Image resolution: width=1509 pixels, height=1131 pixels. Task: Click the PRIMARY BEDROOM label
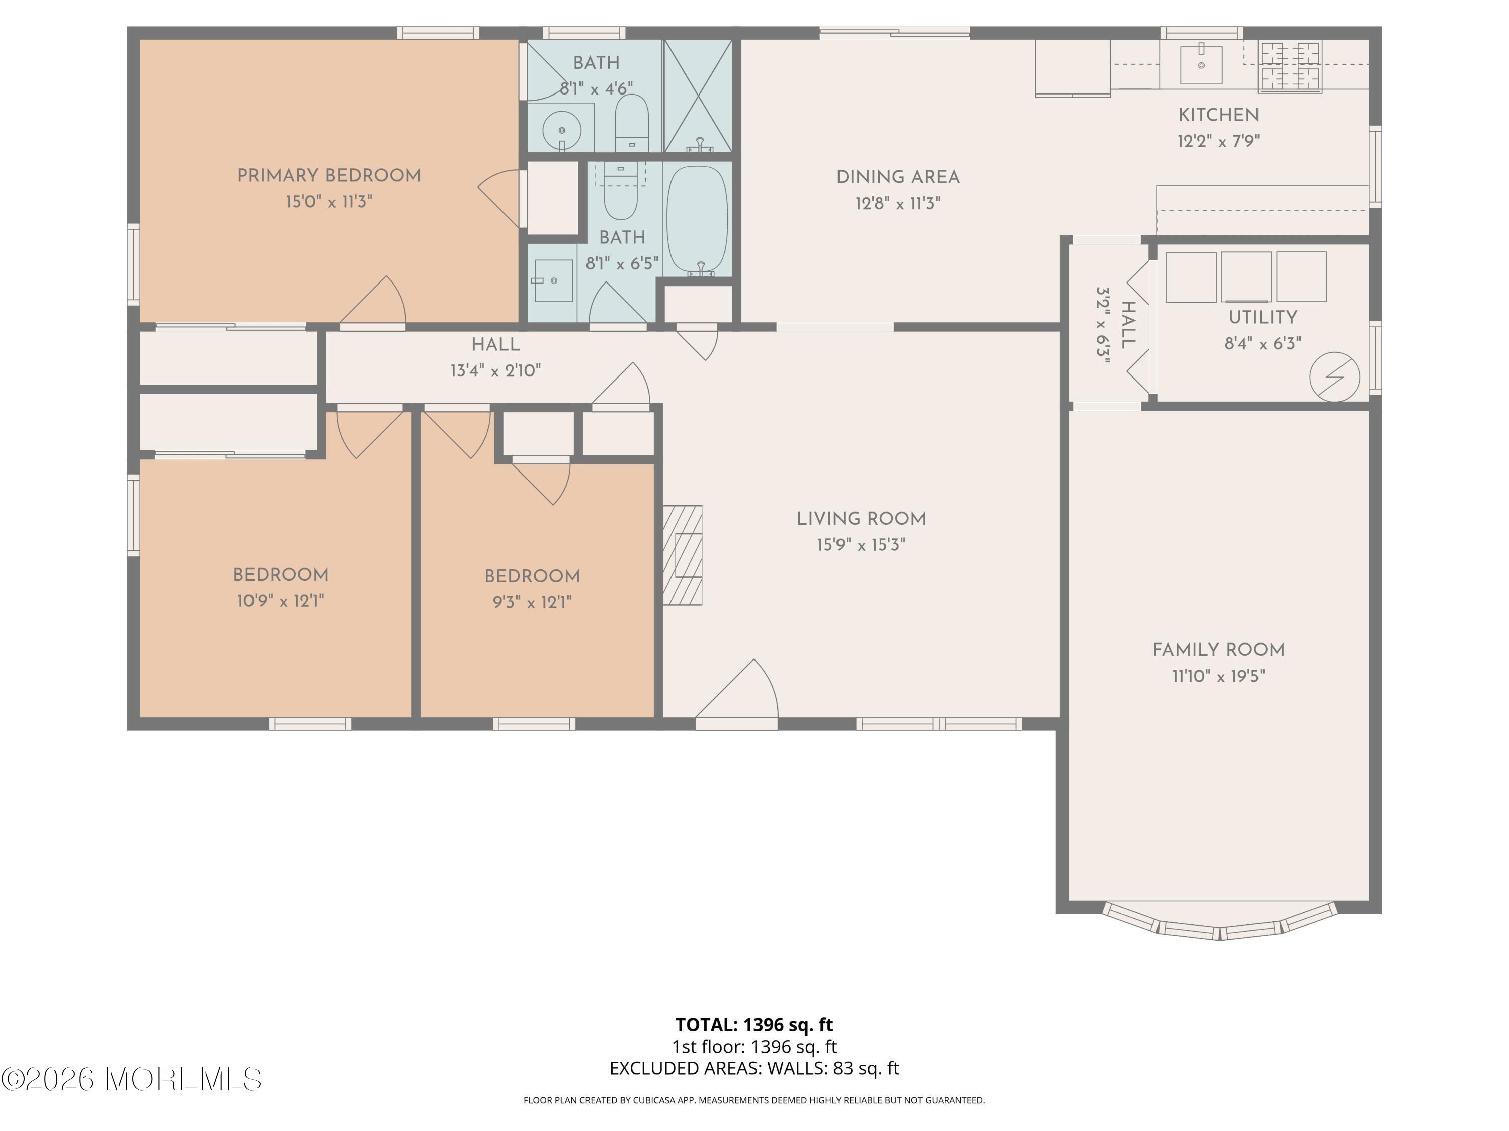pyautogui.click(x=329, y=176)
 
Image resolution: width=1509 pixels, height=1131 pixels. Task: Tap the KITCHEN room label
pyautogui.click(x=1218, y=115)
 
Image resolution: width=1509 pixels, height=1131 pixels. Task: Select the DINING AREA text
pyautogui.click(x=898, y=178)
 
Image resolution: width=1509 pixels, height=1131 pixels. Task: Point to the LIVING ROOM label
pyautogui.click(x=861, y=519)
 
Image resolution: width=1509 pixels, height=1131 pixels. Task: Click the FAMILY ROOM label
pyautogui.click(x=1218, y=650)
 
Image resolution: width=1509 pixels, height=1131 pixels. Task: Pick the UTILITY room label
pyautogui.click(x=1263, y=318)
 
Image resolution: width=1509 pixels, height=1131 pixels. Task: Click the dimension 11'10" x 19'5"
pyautogui.click(x=1218, y=676)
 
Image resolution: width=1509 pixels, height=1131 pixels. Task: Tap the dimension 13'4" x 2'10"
pyautogui.click(x=495, y=371)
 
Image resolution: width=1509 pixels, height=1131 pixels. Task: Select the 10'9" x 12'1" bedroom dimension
pyautogui.click(x=280, y=601)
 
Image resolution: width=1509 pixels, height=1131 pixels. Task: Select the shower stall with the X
pyautogui.click(x=698, y=96)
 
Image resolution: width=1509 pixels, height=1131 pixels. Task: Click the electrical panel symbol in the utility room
pyautogui.click(x=1334, y=377)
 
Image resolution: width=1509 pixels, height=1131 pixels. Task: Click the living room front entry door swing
pyautogui.click(x=737, y=690)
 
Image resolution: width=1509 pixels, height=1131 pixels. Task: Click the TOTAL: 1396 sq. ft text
pyautogui.click(x=754, y=1024)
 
